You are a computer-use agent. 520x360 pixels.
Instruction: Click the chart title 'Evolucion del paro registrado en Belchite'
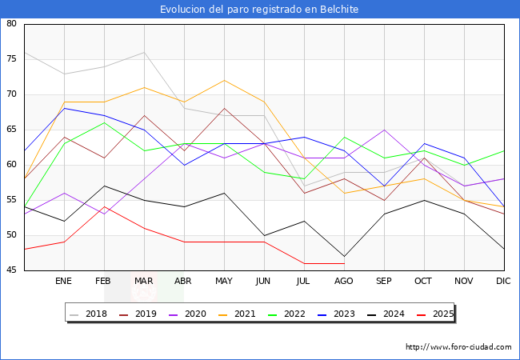(x=259, y=10)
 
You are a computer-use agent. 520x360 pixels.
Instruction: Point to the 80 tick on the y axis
(x=12, y=24)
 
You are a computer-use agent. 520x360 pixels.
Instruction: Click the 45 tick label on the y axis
(x=12, y=270)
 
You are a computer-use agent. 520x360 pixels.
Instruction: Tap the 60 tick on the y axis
(x=12, y=165)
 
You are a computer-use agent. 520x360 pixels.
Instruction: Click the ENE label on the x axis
(x=64, y=282)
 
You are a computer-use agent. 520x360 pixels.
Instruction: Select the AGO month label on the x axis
(x=344, y=282)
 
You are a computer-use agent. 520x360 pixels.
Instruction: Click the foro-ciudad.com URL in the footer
(x=458, y=347)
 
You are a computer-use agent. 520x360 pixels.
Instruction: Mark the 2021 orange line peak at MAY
(x=224, y=80)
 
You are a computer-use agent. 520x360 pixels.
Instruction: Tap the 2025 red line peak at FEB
(x=104, y=206)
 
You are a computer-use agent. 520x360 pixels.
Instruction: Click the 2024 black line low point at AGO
(x=344, y=256)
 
